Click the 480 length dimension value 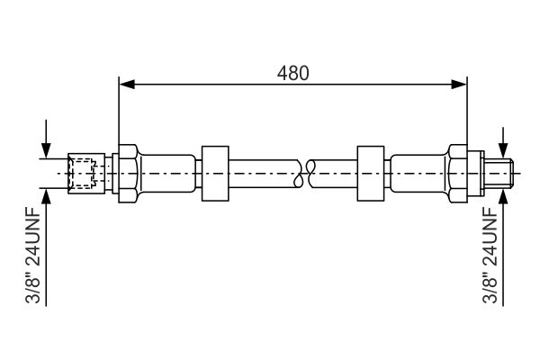pyautogui.click(x=293, y=73)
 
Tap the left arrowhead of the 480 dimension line pyautogui.click(x=127, y=84)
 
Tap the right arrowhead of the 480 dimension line pyautogui.click(x=459, y=84)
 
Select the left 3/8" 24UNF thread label pyautogui.click(x=33, y=255)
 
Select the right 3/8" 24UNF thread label pyautogui.click(x=490, y=255)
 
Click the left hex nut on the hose pyautogui.click(x=129, y=174)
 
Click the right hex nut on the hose pyautogui.click(x=458, y=174)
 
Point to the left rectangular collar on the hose pyautogui.click(x=215, y=174)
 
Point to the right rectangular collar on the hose pyautogui.click(x=371, y=174)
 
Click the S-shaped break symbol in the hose pyautogui.click(x=304, y=174)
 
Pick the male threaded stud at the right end pyautogui.click(x=499, y=174)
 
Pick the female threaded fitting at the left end pyautogui.click(x=86, y=174)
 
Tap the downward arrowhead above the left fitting pyautogui.click(x=46, y=151)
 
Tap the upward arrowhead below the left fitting pyautogui.click(x=46, y=196)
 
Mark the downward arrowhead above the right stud pyautogui.click(x=503, y=151)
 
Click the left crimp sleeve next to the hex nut pyautogui.click(x=167, y=174)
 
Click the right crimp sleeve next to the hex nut pyautogui.click(x=418, y=174)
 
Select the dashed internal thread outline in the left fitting pyautogui.click(x=82, y=174)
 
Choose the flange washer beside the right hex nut pyautogui.click(x=475, y=174)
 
